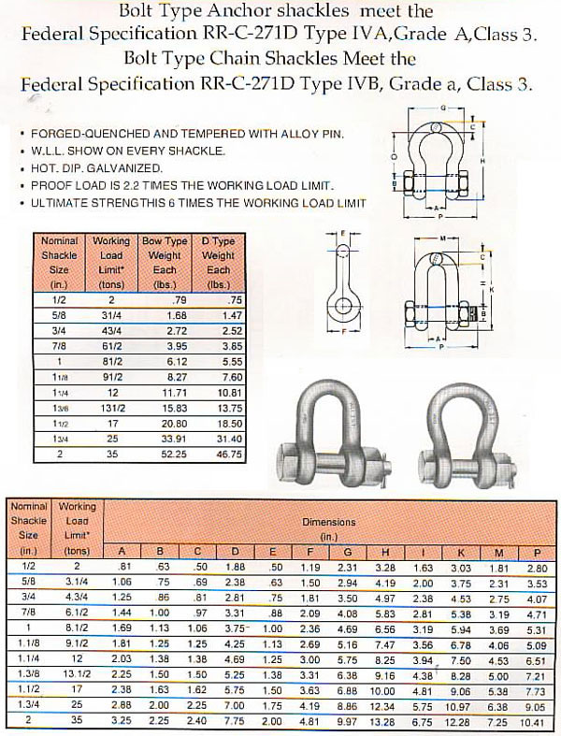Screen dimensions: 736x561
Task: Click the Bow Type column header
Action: coord(165,241)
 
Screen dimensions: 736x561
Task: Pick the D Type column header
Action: coord(218,241)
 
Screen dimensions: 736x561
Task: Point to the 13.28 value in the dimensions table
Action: coord(384,720)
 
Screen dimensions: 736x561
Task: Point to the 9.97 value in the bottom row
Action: coord(347,720)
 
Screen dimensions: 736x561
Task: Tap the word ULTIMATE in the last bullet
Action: coord(59,202)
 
